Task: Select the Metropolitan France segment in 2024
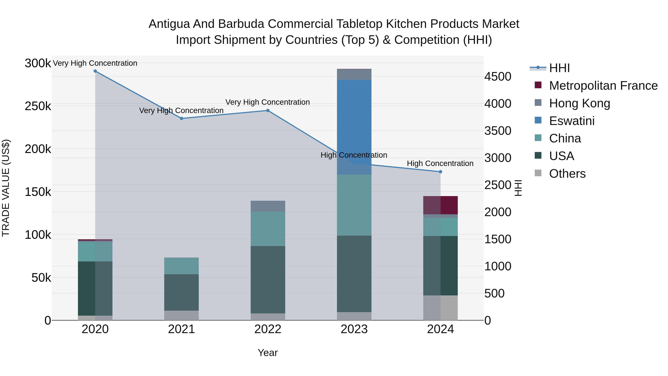(x=440, y=205)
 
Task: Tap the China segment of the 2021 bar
(x=181, y=266)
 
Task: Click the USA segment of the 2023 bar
(x=354, y=274)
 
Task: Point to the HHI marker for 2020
(x=95, y=71)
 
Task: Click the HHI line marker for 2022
(x=268, y=110)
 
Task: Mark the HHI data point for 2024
(x=440, y=172)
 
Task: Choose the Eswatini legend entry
(x=571, y=121)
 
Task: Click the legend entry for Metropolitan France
(x=603, y=86)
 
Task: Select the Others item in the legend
(x=567, y=174)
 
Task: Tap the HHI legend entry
(x=559, y=68)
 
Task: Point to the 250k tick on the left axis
(x=38, y=106)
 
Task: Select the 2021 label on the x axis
(x=181, y=329)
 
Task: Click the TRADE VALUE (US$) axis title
(x=6, y=188)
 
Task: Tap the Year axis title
(x=268, y=353)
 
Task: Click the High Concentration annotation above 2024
(x=440, y=163)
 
